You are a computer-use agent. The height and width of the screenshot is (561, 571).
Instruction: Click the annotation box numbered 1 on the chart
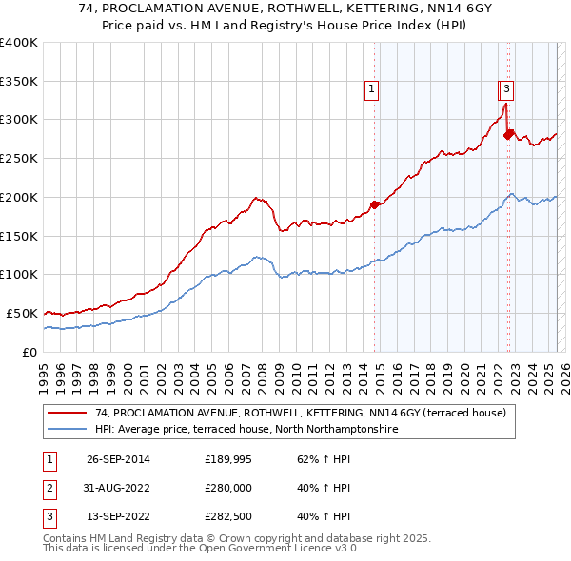tap(370, 90)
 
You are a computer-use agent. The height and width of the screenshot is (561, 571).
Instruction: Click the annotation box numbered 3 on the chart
tap(506, 90)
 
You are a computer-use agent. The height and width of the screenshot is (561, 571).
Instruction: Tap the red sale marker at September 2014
tap(374, 204)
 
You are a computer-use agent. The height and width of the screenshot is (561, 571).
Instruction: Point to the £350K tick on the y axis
tap(19, 82)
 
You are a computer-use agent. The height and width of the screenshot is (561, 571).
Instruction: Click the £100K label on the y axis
tap(19, 274)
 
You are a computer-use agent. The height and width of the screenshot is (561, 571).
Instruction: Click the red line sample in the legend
tap(68, 413)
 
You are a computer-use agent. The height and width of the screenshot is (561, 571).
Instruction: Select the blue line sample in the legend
tap(68, 429)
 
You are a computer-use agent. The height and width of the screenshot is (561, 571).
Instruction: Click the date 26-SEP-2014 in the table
tap(118, 459)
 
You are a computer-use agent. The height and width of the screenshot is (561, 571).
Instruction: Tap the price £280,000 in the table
tap(228, 489)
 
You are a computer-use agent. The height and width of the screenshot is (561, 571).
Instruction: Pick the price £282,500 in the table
tap(228, 518)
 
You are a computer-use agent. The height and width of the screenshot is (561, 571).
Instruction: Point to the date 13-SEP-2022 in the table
tap(118, 518)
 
